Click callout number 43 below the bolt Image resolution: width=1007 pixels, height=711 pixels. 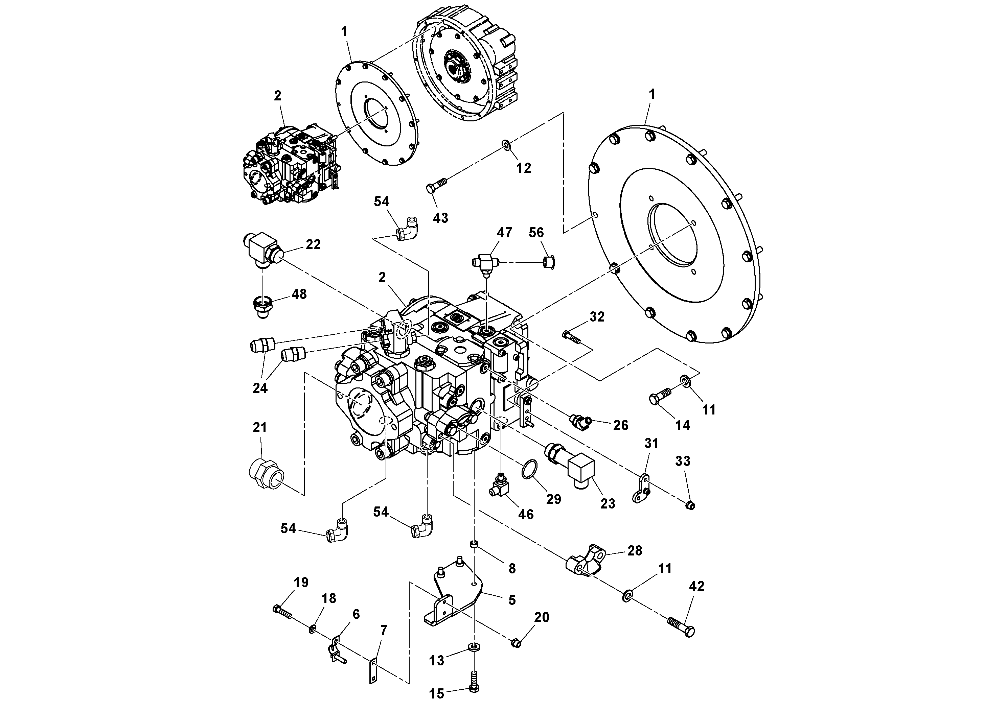[x=440, y=218]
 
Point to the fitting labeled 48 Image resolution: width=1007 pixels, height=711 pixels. [x=262, y=304]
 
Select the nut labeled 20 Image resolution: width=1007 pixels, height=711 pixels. [x=516, y=643]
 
